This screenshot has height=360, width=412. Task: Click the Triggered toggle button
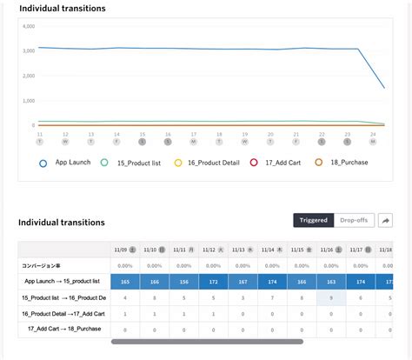click(x=313, y=220)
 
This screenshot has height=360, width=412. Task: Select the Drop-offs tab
click(x=353, y=220)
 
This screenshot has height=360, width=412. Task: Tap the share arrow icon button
click(x=384, y=220)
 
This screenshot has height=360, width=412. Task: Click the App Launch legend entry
click(x=66, y=162)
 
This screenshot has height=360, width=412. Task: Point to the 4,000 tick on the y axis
click(x=28, y=26)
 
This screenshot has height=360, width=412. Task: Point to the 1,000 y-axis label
click(x=28, y=100)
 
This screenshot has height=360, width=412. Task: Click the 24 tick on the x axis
click(x=373, y=134)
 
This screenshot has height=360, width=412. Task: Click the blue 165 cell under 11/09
click(x=125, y=282)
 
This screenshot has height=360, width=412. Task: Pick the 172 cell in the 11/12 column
click(x=214, y=282)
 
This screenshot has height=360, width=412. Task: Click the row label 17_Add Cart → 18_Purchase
click(x=65, y=329)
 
